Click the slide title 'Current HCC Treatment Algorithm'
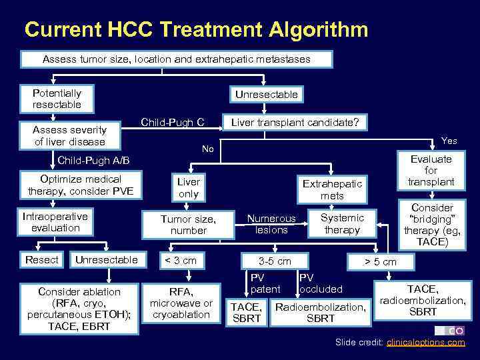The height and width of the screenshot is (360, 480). [196, 29]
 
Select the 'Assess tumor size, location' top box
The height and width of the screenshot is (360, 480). [177, 59]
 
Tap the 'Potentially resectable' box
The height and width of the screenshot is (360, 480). [57, 99]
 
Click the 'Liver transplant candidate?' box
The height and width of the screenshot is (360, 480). [295, 123]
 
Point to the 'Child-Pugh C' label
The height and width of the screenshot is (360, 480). [172, 122]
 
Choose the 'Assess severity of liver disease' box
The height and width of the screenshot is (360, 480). [69, 135]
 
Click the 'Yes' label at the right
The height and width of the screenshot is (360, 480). [449, 141]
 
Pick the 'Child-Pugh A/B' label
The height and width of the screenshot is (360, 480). [94, 161]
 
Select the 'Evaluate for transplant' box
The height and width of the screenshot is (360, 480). [431, 171]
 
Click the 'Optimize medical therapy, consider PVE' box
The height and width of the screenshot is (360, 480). [81, 185]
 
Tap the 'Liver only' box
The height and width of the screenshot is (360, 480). [188, 187]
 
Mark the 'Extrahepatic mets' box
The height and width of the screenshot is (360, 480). [332, 189]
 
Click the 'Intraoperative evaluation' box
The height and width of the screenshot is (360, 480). [55, 222]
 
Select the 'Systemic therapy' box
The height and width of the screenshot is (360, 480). [342, 223]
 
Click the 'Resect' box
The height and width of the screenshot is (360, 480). [42, 259]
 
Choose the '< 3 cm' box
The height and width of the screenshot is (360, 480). [180, 260]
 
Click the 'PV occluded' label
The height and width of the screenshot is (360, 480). [320, 283]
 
